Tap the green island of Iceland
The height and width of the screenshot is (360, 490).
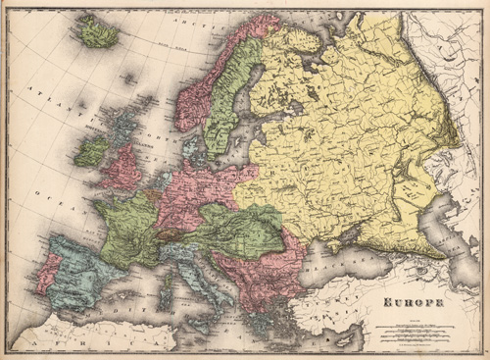[97, 36]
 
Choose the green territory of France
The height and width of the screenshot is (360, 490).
[127, 227]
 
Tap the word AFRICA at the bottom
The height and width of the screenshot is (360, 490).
[59, 338]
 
